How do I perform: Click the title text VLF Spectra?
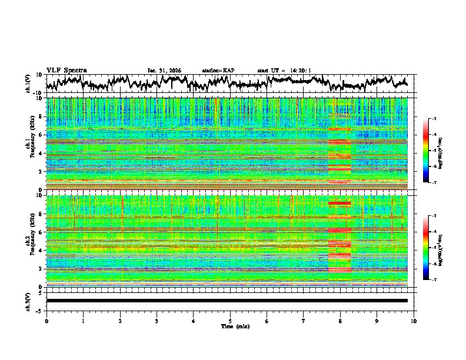(x=66, y=70)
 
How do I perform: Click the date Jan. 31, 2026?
(x=164, y=71)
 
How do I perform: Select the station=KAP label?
(x=218, y=71)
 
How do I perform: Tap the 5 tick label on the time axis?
(x=230, y=321)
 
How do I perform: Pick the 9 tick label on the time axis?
(x=377, y=321)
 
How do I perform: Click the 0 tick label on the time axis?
(x=46, y=321)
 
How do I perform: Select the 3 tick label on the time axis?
(x=157, y=321)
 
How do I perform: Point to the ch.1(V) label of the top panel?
(x=28, y=84)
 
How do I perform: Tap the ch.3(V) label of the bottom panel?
(x=28, y=301)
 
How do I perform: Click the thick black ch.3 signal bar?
(x=227, y=301)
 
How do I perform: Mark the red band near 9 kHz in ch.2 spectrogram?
(x=339, y=204)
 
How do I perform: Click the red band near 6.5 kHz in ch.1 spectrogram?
(x=339, y=129)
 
